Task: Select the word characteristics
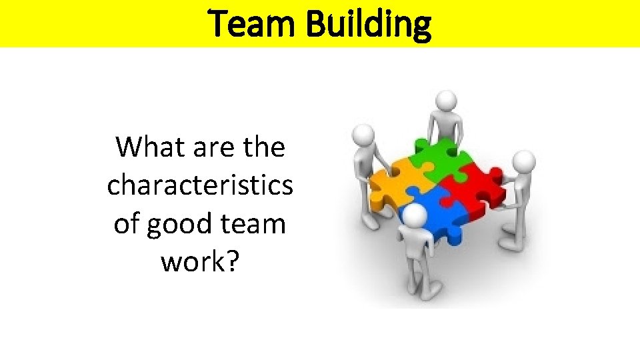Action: pyautogui.click(x=200, y=185)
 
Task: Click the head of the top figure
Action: pyautogui.click(x=446, y=101)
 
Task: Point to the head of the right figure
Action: pyautogui.click(x=525, y=161)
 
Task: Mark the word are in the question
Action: pyautogui.click(x=207, y=147)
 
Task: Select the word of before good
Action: pyautogui.click(x=127, y=224)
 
